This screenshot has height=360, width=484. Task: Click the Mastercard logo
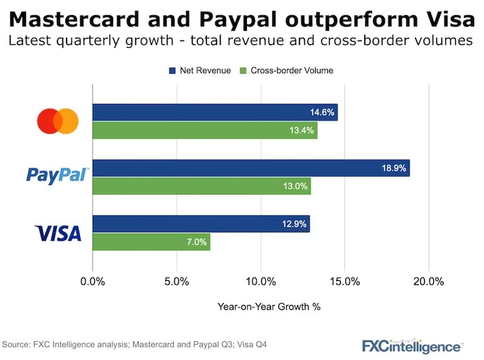(x=57, y=121)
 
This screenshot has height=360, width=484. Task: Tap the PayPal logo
(x=57, y=175)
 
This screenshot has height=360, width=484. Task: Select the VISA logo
(x=58, y=233)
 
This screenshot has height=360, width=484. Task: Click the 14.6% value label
(x=322, y=113)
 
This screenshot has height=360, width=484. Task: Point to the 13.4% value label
(x=302, y=130)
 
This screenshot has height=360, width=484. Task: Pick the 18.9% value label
(x=394, y=168)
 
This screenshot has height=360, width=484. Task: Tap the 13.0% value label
(x=295, y=186)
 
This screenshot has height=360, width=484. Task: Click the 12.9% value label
(x=295, y=224)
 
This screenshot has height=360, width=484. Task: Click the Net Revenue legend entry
(x=200, y=70)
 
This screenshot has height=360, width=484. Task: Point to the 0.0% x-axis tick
(x=93, y=281)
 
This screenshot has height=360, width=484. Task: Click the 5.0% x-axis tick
(x=177, y=281)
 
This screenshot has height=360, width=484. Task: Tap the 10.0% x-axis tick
(x=261, y=281)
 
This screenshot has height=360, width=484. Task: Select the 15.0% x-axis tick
(x=345, y=281)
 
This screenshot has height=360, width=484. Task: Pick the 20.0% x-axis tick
(x=429, y=281)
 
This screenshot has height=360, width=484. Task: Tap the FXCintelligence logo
(x=411, y=346)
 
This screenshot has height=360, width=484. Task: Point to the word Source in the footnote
(x=16, y=344)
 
